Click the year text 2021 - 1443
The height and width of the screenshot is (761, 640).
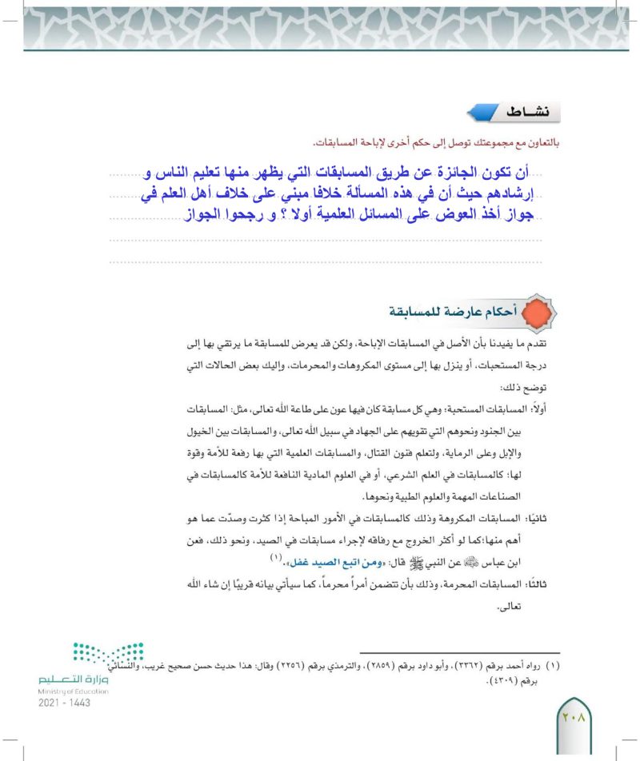pyautogui.click(x=64, y=703)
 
